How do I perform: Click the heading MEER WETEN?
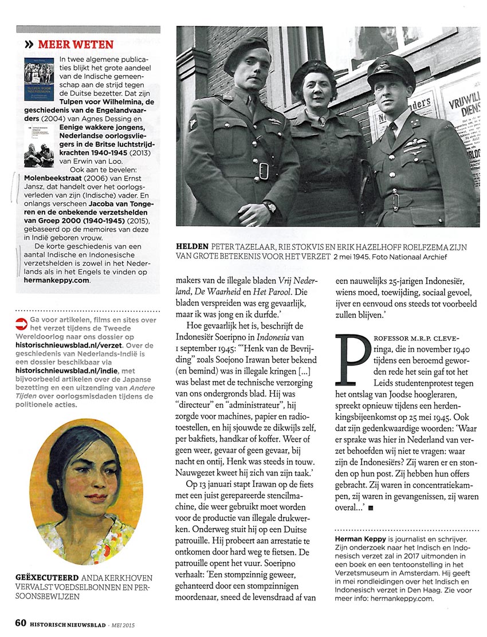point(76,44)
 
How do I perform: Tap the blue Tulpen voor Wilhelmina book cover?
point(38,73)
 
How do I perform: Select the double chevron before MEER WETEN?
point(28,44)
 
